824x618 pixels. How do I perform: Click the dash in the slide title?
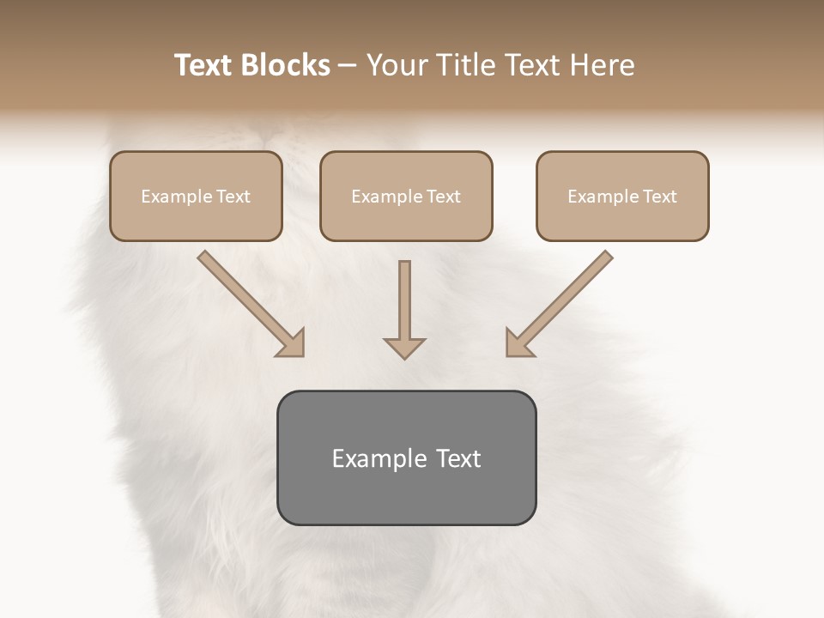point(348,66)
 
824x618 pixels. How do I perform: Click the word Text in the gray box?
point(457,458)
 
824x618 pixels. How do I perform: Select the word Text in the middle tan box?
point(444,197)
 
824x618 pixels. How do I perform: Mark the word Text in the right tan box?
point(660,197)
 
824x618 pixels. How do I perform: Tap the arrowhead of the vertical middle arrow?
point(404,348)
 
